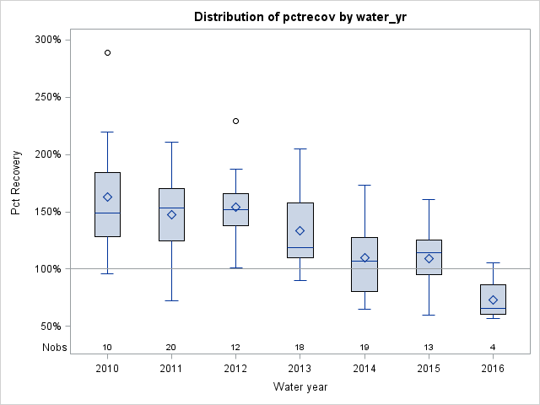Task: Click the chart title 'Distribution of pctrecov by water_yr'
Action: coord(300,17)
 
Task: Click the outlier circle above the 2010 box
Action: coord(107,52)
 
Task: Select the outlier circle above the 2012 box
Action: coord(235,121)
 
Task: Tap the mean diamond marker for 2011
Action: coord(171,214)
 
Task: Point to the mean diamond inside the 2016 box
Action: coord(493,300)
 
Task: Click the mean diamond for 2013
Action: coord(300,230)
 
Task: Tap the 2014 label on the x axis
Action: coord(364,370)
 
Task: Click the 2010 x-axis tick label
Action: coord(107,370)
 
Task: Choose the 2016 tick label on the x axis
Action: coord(493,370)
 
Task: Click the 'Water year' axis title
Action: coord(300,387)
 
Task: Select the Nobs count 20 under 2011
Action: coord(171,347)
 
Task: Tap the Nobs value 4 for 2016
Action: coord(493,347)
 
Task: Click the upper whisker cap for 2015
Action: coord(429,200)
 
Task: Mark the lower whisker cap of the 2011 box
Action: coord(171,300)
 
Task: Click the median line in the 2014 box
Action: coord(364,261)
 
